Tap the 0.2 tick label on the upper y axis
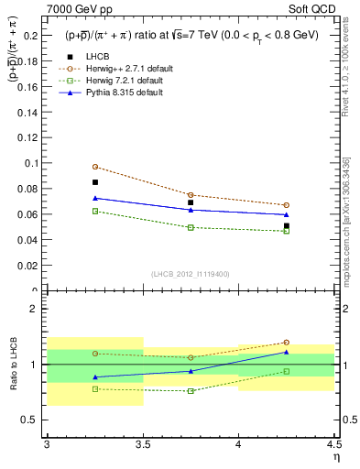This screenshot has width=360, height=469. pyautogui.click(x=33, y=35)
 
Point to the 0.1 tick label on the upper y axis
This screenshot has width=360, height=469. pyautogui.click(x=33, y=163)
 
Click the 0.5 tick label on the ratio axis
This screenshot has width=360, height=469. pyautogui.click(x=33, y=420)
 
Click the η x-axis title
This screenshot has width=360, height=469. pyautogui.click(x=335, y=455)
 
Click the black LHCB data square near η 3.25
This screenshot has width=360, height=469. pyautogui.click(x=94, y=182)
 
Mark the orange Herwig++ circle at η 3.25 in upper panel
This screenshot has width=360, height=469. pyautogui.click(x=94, y=167)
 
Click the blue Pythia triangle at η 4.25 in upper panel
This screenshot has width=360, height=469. pyautogui.click(x=286, y=214)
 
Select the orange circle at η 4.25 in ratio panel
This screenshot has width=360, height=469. pyautogui.click(x=286, y=343)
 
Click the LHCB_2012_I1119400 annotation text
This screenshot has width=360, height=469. pyautogui.click(x=190, y=274)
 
